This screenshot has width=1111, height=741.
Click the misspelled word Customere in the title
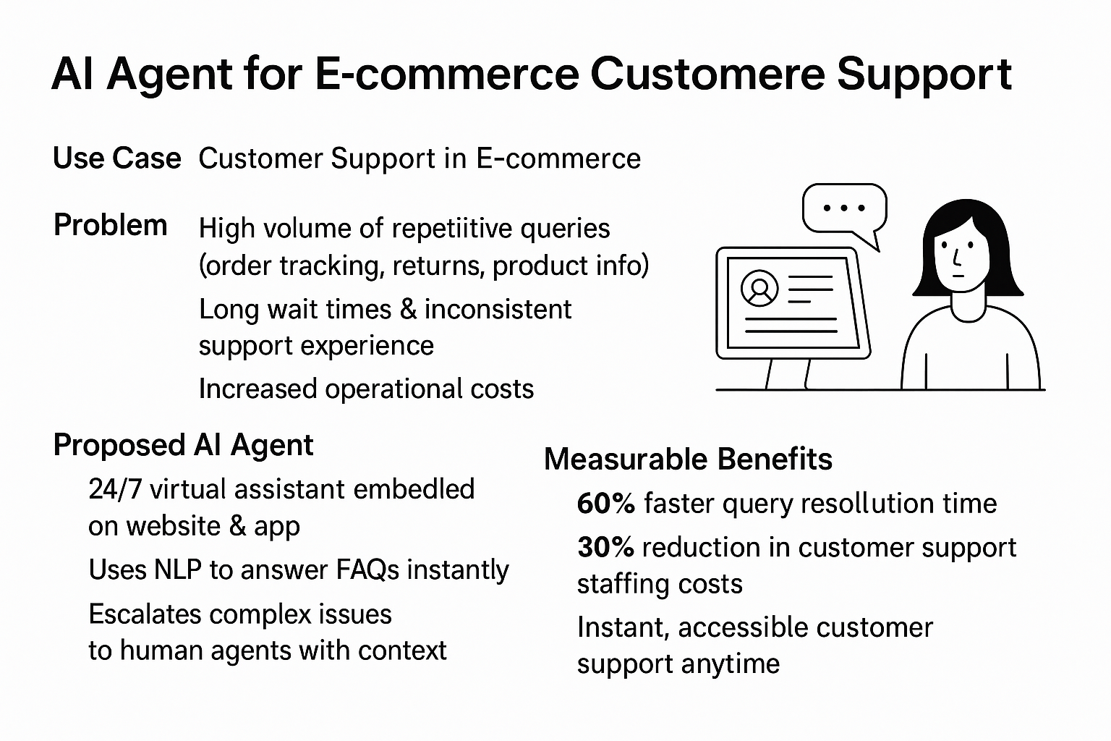pos(708,75)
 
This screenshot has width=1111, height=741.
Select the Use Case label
pos(117,158)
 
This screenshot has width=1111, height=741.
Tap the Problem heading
pos(110,225)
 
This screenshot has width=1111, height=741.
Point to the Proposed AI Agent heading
pos(183,445)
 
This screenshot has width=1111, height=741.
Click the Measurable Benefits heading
pos(688,459)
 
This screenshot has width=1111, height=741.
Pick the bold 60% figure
pos(605,503)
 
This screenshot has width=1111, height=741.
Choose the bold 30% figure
pos(605,548)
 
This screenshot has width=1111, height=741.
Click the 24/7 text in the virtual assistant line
pos(115,489)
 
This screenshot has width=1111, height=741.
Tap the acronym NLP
pos(177,569)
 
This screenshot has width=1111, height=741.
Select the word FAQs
pos(367,569)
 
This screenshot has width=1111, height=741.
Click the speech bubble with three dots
pos(844,213)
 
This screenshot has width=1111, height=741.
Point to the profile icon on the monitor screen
pos(759,288)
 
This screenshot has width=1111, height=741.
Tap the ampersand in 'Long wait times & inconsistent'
pos(408,309)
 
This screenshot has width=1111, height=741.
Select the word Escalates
pos(145,614)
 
